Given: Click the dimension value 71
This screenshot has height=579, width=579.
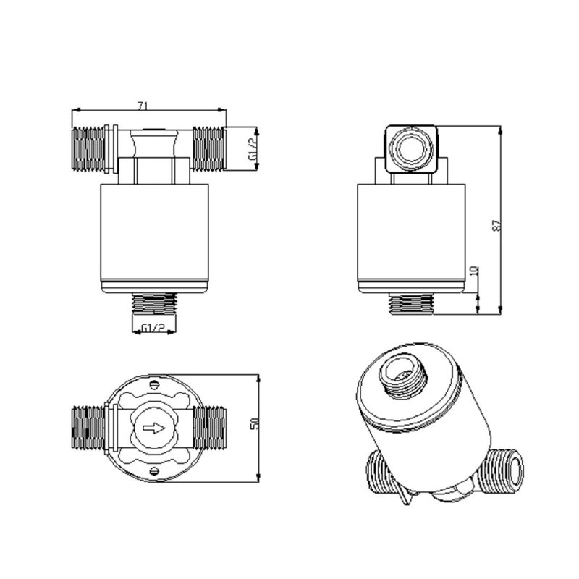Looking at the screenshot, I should pos(143,106).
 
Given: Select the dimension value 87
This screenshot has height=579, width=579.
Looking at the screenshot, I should pos(496,225).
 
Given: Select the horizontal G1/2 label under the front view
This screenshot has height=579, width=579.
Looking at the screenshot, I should pos(151,329).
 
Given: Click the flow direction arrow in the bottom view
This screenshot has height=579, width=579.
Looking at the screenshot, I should pos(153,428).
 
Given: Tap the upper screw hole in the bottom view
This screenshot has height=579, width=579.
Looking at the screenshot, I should pos(154,386).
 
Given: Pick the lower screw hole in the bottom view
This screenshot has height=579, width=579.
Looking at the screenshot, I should pos(154,471).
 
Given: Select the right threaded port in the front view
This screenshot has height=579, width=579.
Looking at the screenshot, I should pos(208,150).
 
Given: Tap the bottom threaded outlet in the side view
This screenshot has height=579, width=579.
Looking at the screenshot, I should pos(411,304).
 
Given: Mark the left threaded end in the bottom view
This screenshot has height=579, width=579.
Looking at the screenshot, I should pos(88,428).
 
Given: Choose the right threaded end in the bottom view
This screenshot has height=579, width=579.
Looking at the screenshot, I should pos(210,428).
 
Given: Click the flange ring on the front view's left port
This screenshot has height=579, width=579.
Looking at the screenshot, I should pos(109,150).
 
